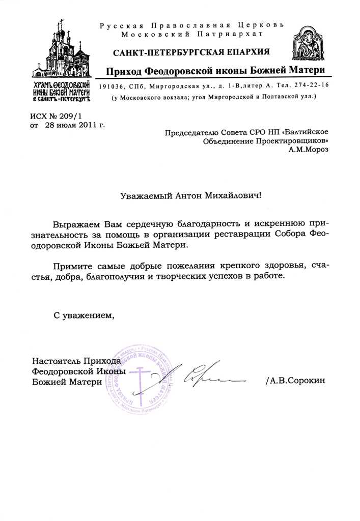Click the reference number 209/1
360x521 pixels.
pos(70,116)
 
